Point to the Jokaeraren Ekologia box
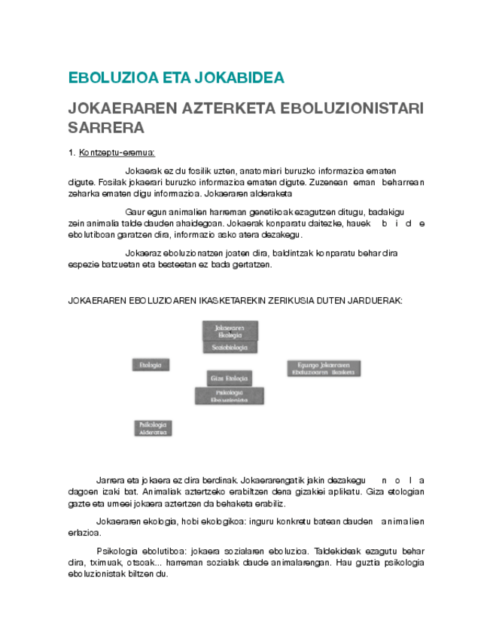click(230, 331)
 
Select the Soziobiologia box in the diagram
click(230, 348)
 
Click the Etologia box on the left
click(150, 365)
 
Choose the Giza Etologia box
click(229, 378)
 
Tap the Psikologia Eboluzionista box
click(230, 396)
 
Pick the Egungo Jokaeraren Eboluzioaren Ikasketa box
click(324, 369)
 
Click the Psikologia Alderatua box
click(154, 428)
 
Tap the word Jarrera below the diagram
click(111, 480)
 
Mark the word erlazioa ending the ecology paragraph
click(84, 532)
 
